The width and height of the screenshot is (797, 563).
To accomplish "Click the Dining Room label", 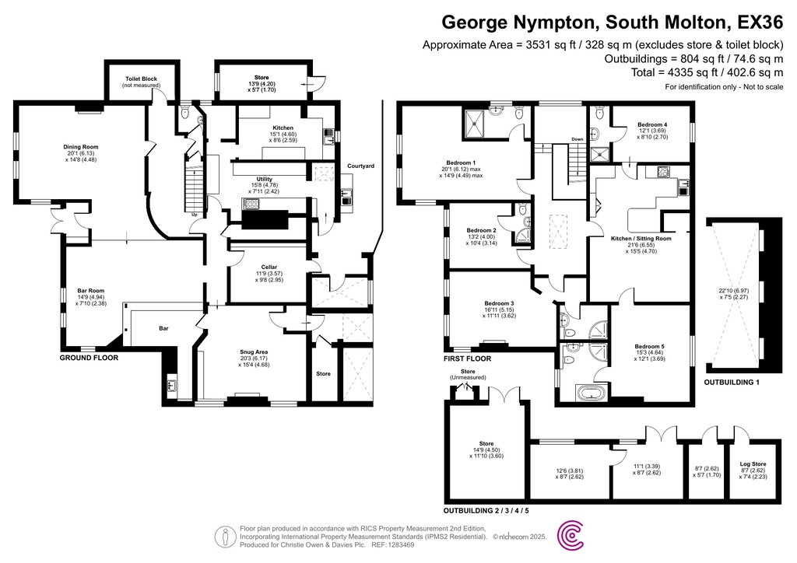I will [81, 146].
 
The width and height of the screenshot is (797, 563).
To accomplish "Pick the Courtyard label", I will [360, 166].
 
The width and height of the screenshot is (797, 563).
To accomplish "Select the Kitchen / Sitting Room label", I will [641, 238].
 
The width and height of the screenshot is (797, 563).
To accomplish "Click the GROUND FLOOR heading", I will [89, 358].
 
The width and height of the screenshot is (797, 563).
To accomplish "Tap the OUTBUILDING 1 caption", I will [732, 383].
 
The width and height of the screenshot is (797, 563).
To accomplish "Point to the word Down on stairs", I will [577, 139].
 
